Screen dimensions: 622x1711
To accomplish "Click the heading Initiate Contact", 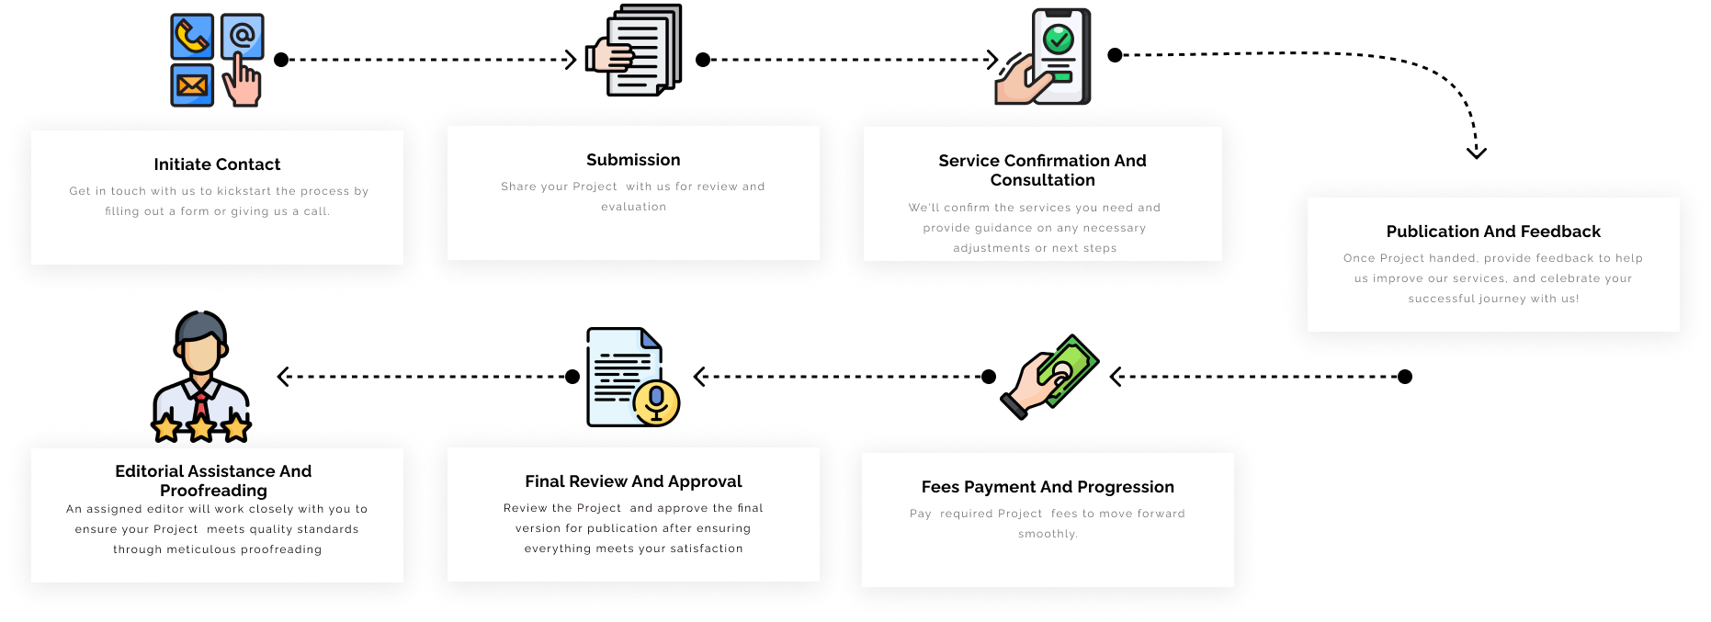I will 217,164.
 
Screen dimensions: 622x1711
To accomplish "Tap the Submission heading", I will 633,160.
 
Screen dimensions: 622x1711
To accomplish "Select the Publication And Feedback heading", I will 1493,232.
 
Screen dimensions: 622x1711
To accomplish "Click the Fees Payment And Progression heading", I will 1048,487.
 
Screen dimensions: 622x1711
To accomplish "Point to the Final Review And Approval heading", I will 633,481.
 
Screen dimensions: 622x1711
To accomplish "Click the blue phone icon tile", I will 192,37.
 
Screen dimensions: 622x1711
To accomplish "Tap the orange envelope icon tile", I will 192,85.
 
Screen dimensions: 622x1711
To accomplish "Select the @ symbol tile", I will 243,36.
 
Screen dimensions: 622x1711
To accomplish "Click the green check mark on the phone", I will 1059,39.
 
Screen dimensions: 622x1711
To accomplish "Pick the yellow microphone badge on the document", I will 656,401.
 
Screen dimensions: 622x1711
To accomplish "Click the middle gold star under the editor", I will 201,427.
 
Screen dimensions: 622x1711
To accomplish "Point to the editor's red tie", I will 200,404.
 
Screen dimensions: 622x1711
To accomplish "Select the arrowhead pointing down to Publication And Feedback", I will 1477,153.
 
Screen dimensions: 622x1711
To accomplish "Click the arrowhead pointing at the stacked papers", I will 571,60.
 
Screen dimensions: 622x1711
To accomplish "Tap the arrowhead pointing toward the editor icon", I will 283,377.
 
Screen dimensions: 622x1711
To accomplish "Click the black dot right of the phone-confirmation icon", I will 1115,55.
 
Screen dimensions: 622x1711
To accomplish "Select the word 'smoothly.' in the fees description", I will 1048,534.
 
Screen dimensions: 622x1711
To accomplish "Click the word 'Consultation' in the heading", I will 1042,180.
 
